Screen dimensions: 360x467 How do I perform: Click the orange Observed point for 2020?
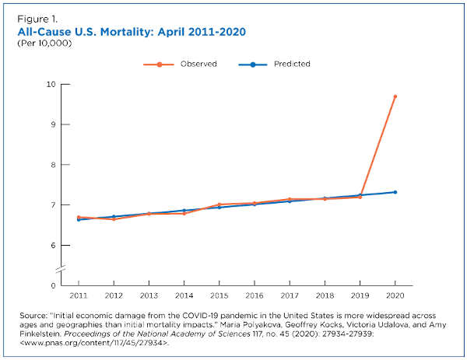pos(395,96)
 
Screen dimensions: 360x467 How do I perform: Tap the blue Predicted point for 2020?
pos(395,192)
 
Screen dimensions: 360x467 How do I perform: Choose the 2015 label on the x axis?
pos(219,296)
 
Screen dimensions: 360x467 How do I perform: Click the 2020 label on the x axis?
pos(395,296)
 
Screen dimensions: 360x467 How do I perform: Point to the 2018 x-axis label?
pos(325,296)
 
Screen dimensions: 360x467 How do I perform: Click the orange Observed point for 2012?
pos(114,219)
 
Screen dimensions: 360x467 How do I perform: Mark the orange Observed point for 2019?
pos(360,197)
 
